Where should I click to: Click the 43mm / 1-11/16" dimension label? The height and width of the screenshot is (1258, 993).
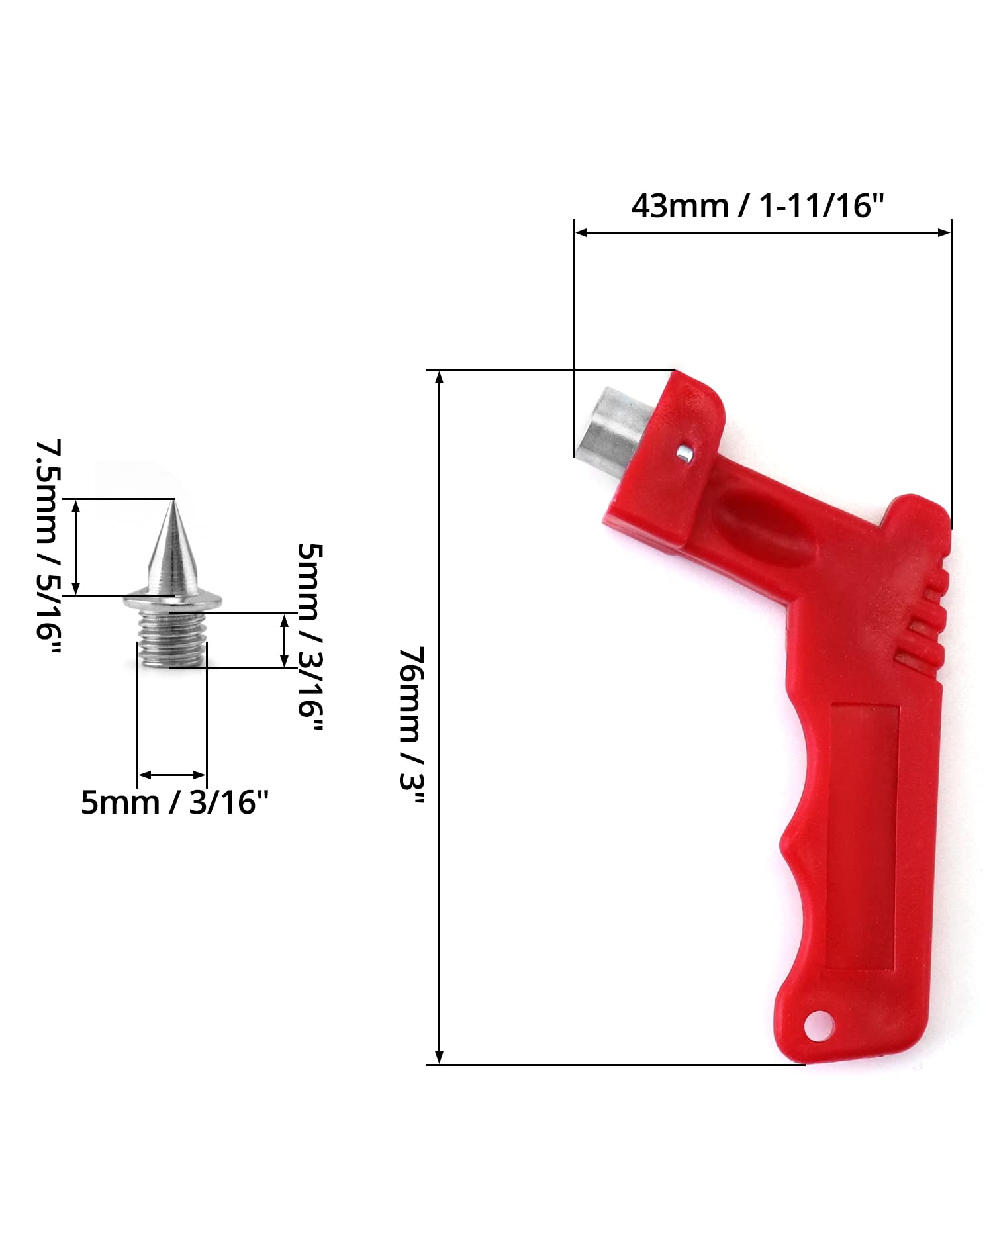pos(757,206)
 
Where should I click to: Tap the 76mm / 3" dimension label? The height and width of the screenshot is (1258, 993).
pos(411,725)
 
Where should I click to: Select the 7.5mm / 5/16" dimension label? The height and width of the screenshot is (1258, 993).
pos(48,547)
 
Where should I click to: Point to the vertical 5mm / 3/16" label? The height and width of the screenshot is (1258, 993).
pos(309,639)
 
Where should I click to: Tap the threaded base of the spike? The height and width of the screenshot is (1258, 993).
pos(173,639)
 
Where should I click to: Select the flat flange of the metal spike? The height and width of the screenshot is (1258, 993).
pos(173,601)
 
